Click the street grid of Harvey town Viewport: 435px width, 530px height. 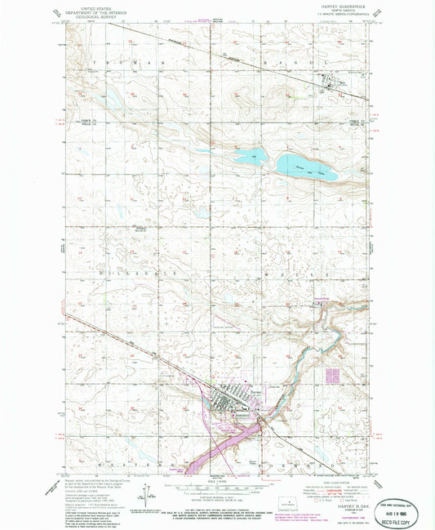233,401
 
